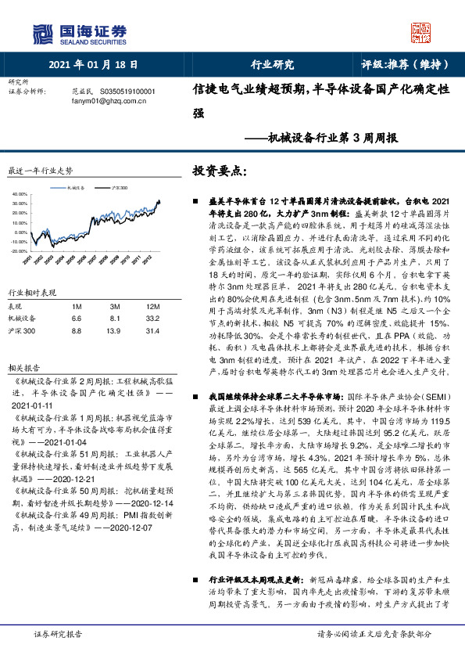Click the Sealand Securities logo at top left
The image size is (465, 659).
78,33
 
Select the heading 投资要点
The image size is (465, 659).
220,170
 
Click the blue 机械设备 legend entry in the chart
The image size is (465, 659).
76,189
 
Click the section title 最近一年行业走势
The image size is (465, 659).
40,171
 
